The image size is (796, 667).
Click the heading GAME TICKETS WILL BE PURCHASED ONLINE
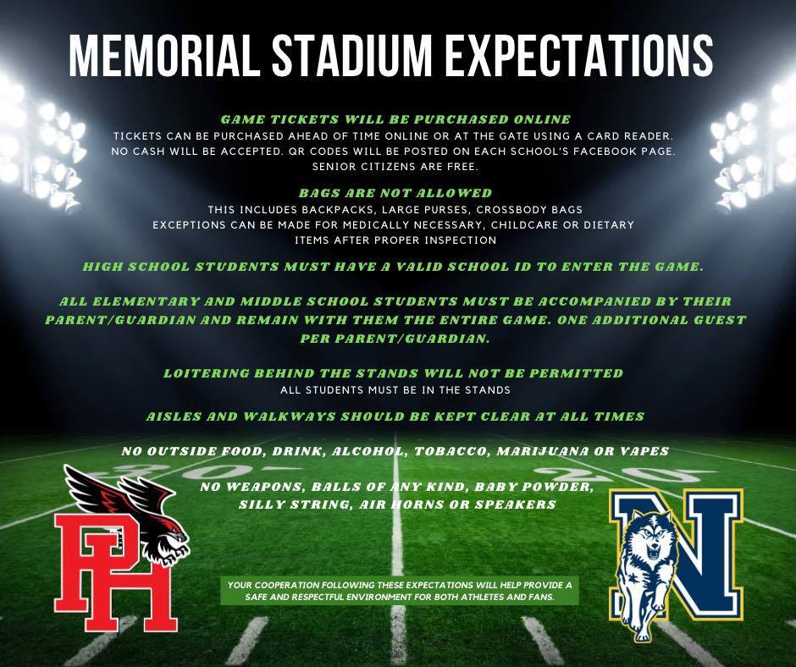click(396, 120)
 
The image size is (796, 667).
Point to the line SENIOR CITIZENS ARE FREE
click(395, 167)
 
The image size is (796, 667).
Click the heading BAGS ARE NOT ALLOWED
click(395, 193)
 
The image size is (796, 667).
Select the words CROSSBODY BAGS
click(529, 210)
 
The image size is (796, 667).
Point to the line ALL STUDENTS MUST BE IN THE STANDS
click(395, 390)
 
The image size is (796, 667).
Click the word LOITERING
click(206, 373)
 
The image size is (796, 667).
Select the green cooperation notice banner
click(400, 592)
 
